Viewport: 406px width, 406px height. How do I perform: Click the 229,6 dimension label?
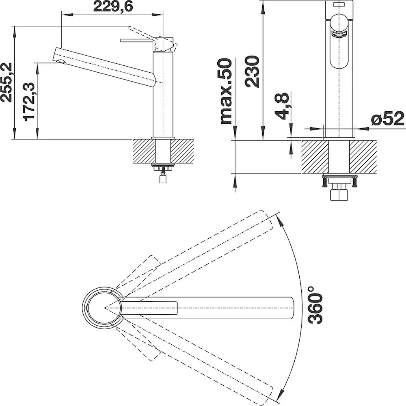pyautogui.click(x=113, y=6)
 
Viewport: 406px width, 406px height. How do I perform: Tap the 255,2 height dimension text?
pyautogui.click(x=6, y=82)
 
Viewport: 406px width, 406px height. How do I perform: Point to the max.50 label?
pyautogui.click(x=226, y=91)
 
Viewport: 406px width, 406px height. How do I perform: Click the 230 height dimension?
pyautogui.click(x=253, y=71)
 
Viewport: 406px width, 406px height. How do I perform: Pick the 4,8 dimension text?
pyautogui.click(x=282, y=106)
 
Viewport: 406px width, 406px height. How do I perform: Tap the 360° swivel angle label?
pyautogui.click(x=315, y=305)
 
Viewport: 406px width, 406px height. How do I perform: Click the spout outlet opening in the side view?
pyautogui.click(x=61, y=62)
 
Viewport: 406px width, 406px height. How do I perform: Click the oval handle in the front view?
pyautogui.click(x=339, y=41)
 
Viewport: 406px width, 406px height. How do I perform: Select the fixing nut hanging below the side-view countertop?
pyautogui.click(x=163, y=178)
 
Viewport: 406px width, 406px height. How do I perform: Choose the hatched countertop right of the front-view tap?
pyautogui.click(x=363, y=157)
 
